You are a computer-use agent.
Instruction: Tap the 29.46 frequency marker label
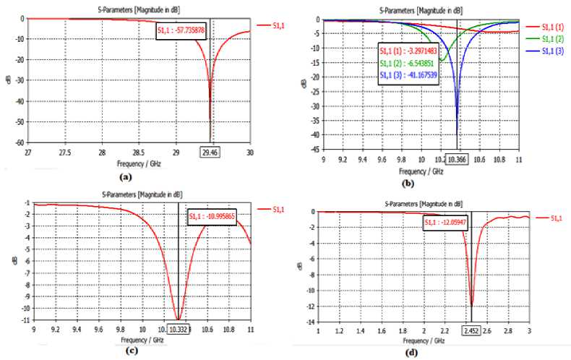(210, 153)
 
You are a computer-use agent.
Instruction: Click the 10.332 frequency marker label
(179, 331)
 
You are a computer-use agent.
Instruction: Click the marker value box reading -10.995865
(211, 217)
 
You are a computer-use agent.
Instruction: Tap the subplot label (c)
(132, 352)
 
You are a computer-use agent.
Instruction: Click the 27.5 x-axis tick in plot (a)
(65, 153)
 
